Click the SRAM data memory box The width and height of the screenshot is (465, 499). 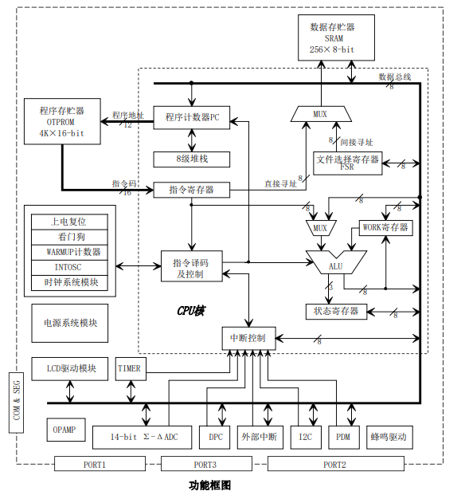336,37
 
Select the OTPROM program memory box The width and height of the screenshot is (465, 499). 62,121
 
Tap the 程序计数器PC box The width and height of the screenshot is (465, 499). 192,117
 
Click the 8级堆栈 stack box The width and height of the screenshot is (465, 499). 192,159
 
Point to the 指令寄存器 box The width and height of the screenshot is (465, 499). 192,190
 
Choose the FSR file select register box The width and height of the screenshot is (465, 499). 348,163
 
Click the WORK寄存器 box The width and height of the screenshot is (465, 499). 386,228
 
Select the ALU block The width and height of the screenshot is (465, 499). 336,262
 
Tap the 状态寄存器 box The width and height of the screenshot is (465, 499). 336,312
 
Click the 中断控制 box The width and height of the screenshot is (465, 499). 248,338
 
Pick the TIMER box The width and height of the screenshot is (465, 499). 131,369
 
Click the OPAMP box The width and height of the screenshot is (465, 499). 66,430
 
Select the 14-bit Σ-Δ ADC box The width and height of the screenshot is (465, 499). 142,438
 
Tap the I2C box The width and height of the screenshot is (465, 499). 306,438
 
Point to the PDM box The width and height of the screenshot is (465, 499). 344,438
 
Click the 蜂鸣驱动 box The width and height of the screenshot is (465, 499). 389,438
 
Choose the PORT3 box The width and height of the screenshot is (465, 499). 206,464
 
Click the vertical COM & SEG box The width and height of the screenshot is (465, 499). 16,403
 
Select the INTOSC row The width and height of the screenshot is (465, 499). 69,268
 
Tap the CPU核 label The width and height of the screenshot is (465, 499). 191,311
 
